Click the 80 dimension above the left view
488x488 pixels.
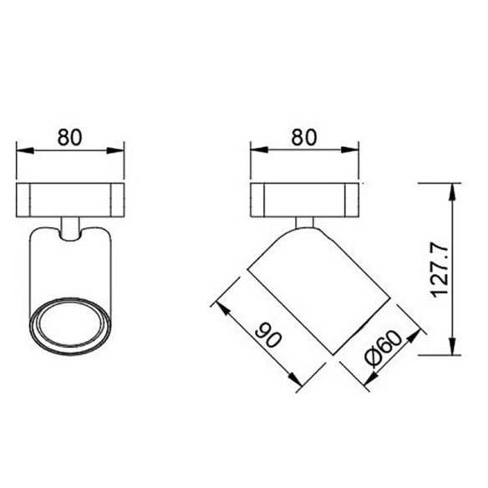coord(70,137)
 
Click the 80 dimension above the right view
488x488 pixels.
coord(304,137)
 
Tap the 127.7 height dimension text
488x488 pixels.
coord(440,271)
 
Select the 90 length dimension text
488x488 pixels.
coord(268,336)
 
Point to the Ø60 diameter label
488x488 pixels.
coord(384,348)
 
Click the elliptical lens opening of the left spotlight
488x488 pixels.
coord(70,327)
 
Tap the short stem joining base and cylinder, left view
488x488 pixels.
coord(70,228)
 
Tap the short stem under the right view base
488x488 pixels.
coord(305,223)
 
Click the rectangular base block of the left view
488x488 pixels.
coord(70,200)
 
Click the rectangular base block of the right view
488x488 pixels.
coord(305,200)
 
